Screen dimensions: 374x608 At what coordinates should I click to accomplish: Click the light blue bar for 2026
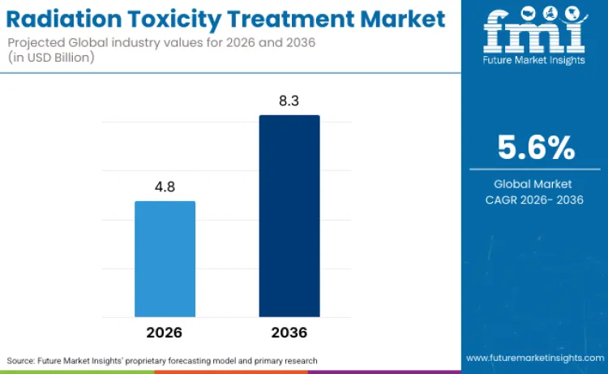coord(165,259)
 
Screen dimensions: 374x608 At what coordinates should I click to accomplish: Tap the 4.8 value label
coord(165,187)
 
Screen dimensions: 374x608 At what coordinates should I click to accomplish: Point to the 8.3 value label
coord(289,101)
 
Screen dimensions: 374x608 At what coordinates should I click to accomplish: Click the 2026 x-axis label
coord(165,333)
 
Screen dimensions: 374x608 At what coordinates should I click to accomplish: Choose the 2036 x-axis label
coord(289,333)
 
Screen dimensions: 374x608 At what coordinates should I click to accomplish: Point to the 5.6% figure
coord(535,148)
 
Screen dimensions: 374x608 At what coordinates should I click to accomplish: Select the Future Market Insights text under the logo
coord(534,67)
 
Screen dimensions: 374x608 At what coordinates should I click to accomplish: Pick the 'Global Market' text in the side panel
coord(535,184)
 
